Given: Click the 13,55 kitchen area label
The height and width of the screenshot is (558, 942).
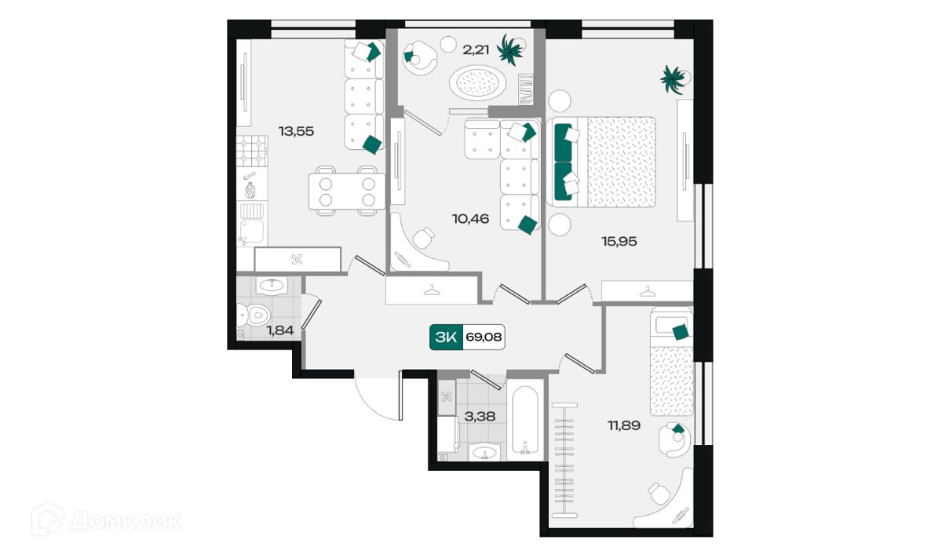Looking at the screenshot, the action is [296, 131].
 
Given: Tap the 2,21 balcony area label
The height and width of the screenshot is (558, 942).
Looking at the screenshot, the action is [476, 50].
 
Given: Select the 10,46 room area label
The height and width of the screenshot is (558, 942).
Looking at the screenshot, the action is [470, 219].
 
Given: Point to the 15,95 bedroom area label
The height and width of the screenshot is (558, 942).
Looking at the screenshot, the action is [619, 242].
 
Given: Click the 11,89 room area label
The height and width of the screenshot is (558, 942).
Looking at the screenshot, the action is [624, 425].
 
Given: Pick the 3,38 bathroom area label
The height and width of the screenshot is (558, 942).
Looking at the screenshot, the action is [480, 417].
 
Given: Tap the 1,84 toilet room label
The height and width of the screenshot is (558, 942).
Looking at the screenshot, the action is [280, 330].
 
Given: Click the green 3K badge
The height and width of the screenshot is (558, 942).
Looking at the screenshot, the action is [446, 337].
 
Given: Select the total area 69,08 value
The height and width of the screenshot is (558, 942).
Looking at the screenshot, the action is [484, 337].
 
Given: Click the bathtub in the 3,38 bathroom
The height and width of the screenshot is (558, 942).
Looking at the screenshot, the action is [525, 421].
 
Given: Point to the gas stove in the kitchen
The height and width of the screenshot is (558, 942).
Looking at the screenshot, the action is [252, 151].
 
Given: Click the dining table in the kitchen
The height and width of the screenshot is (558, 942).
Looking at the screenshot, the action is [347, 191].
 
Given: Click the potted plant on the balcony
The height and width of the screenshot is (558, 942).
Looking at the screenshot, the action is [510, 49].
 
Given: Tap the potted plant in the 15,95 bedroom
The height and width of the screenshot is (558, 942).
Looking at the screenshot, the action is [674, 79].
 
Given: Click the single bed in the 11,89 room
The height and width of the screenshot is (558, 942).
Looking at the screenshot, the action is [671, 361].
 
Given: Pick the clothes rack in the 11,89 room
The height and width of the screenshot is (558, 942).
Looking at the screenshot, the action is [564, 461].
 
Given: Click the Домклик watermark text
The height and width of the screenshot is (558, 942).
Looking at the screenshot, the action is [125, 522].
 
